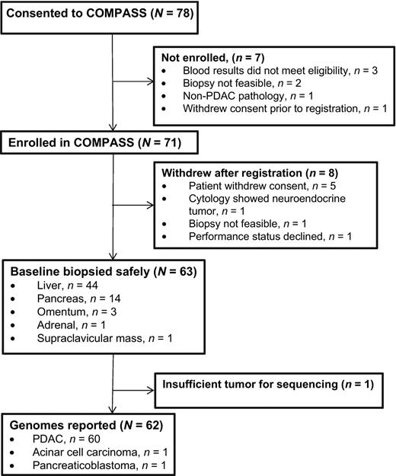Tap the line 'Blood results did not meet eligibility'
(278, 72)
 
